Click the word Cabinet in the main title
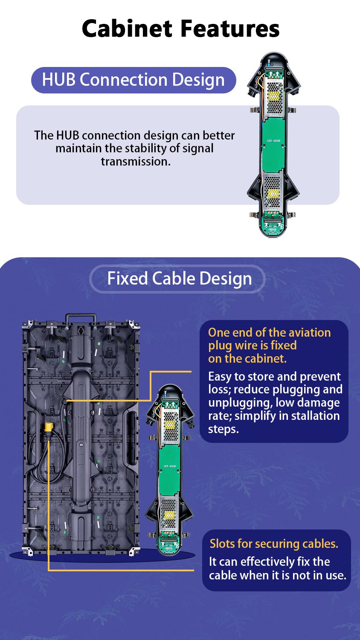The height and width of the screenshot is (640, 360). (x=127, y=29)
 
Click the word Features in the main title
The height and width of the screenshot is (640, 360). (x=230, y=29)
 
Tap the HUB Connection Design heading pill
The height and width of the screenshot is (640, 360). (x=134, y=80)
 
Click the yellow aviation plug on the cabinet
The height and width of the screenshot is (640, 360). (x=49, y=428)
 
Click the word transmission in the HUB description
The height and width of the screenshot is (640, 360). (x=136, y=162)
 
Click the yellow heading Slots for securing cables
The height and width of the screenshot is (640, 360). (x=274, y=544)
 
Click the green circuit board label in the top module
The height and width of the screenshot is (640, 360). (x=273, y=141)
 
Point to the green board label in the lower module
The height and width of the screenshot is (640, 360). (x=169, y=466)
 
